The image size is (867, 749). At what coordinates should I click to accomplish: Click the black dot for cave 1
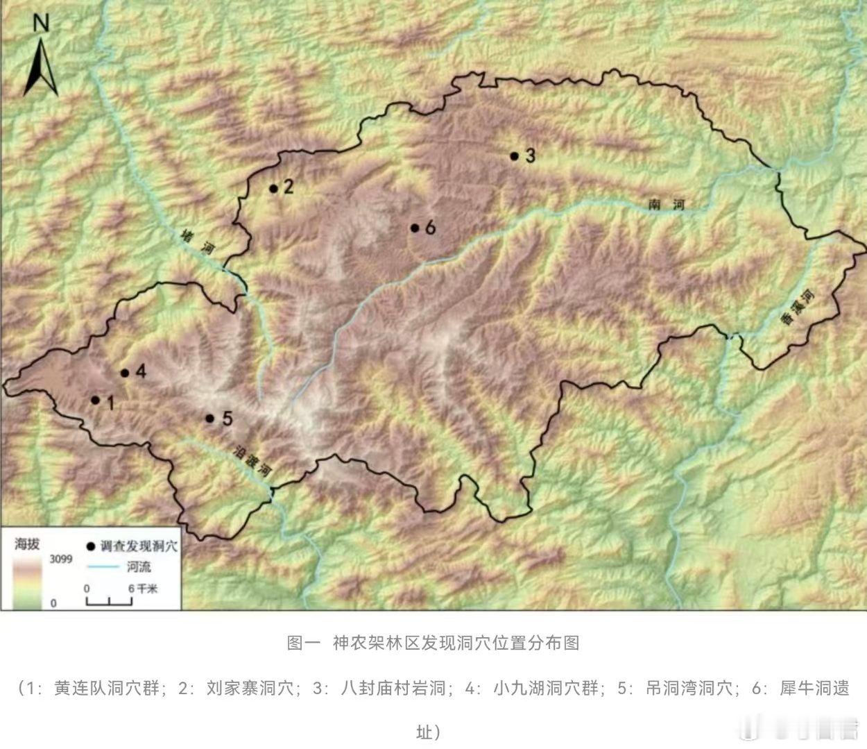[95, 400]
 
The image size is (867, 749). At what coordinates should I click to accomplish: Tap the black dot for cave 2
[273, 188]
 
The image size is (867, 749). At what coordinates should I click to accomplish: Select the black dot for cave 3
[514, 156]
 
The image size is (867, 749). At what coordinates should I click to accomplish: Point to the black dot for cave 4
[125, 373]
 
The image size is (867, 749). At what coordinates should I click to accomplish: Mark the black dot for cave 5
[209, 418]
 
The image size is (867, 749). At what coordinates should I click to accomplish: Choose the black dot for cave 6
[414, 228]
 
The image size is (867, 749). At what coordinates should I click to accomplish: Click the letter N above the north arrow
[41, 24]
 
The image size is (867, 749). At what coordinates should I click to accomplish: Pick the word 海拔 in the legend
[28, 544]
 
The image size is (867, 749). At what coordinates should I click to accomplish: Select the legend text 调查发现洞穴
[139, 546]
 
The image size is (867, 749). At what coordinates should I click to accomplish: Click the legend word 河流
[139, 567]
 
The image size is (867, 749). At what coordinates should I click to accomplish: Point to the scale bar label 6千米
[143, 588]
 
